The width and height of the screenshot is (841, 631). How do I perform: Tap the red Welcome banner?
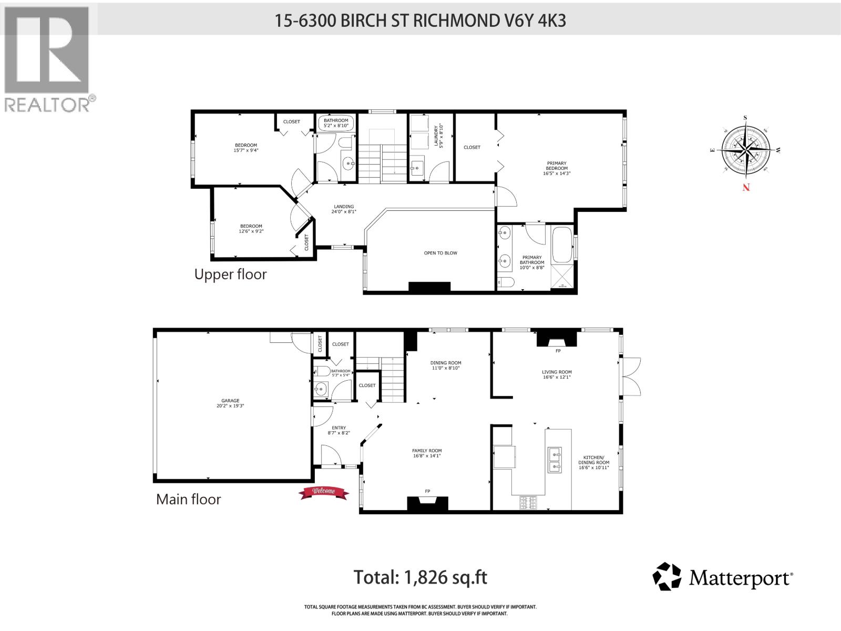click(324, 492)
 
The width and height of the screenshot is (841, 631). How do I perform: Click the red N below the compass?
click(746, 188)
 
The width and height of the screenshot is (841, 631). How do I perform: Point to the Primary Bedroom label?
click(557, 168)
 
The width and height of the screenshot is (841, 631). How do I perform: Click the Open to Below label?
click(440, 253)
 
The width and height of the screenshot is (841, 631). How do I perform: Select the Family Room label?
click(427, 453)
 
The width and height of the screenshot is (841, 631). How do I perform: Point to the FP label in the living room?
click(558, 350)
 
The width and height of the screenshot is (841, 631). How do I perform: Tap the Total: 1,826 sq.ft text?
click(420, 577)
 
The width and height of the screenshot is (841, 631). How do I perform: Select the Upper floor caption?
click(230, 274)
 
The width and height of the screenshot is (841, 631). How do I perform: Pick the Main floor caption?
click(188, 499)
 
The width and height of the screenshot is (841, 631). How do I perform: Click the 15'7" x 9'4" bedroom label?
click(246, 148)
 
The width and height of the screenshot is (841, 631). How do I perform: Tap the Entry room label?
click(339, 430)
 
